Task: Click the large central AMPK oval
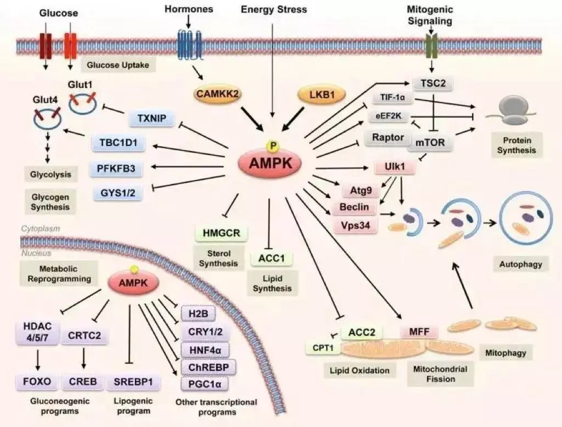[x=270, y=164]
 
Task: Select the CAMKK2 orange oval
[x=217, y=94]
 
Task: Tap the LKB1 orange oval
[x=322, y=94]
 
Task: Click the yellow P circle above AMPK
[x=274, y=145]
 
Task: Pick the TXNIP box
[x=152, y=119]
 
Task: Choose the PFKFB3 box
[x=116, y=168]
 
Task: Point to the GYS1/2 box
[x=118, y=193]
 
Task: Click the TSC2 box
[x=433, y=83]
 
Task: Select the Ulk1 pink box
[x=395, y=167]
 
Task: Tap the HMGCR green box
[x=221, y=233]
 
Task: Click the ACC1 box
[x=272, y=258]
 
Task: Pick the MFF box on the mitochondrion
[x=419, y=332]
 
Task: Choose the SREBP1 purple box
[x=133, y=382]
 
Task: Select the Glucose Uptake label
[x=118, y=65]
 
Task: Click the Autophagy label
[x=520, y=265]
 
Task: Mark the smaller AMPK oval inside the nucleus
[x=133, y=283]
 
